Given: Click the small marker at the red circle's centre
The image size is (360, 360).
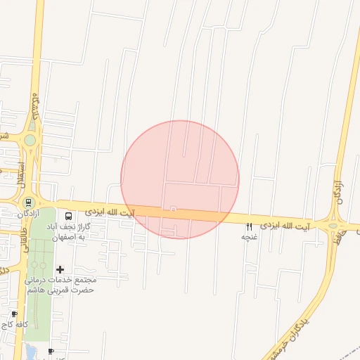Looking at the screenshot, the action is click(173, 209).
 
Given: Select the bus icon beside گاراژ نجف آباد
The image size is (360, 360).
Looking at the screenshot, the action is click(68, 217).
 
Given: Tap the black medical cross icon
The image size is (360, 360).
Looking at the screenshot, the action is click(60, 269).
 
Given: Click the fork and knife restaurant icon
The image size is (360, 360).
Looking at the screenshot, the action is click(249, 226).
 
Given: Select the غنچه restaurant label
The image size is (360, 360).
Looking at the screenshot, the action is click(249, 237).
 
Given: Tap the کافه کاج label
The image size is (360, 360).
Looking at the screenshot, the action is click(14, 324).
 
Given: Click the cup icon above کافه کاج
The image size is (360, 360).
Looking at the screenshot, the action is click(14, 314).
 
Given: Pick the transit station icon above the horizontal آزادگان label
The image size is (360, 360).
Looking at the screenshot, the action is click(28, 202).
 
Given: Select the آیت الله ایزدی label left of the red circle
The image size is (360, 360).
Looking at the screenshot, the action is click(110, 211).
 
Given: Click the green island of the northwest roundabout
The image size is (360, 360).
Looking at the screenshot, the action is click(30, 140).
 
